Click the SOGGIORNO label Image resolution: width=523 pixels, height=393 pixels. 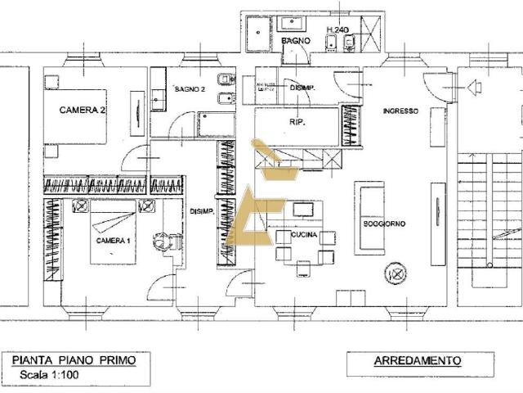click(385, 223)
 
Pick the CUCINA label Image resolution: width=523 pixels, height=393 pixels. click(304, 235)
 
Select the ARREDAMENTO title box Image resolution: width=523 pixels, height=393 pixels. click(417, 360)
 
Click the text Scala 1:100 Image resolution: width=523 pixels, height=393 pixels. click(41, 376)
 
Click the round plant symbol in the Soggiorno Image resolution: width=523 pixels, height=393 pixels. click(396, 272)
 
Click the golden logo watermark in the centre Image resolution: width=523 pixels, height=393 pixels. click(256, 205)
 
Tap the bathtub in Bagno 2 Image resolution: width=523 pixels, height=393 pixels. click(215, 124)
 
